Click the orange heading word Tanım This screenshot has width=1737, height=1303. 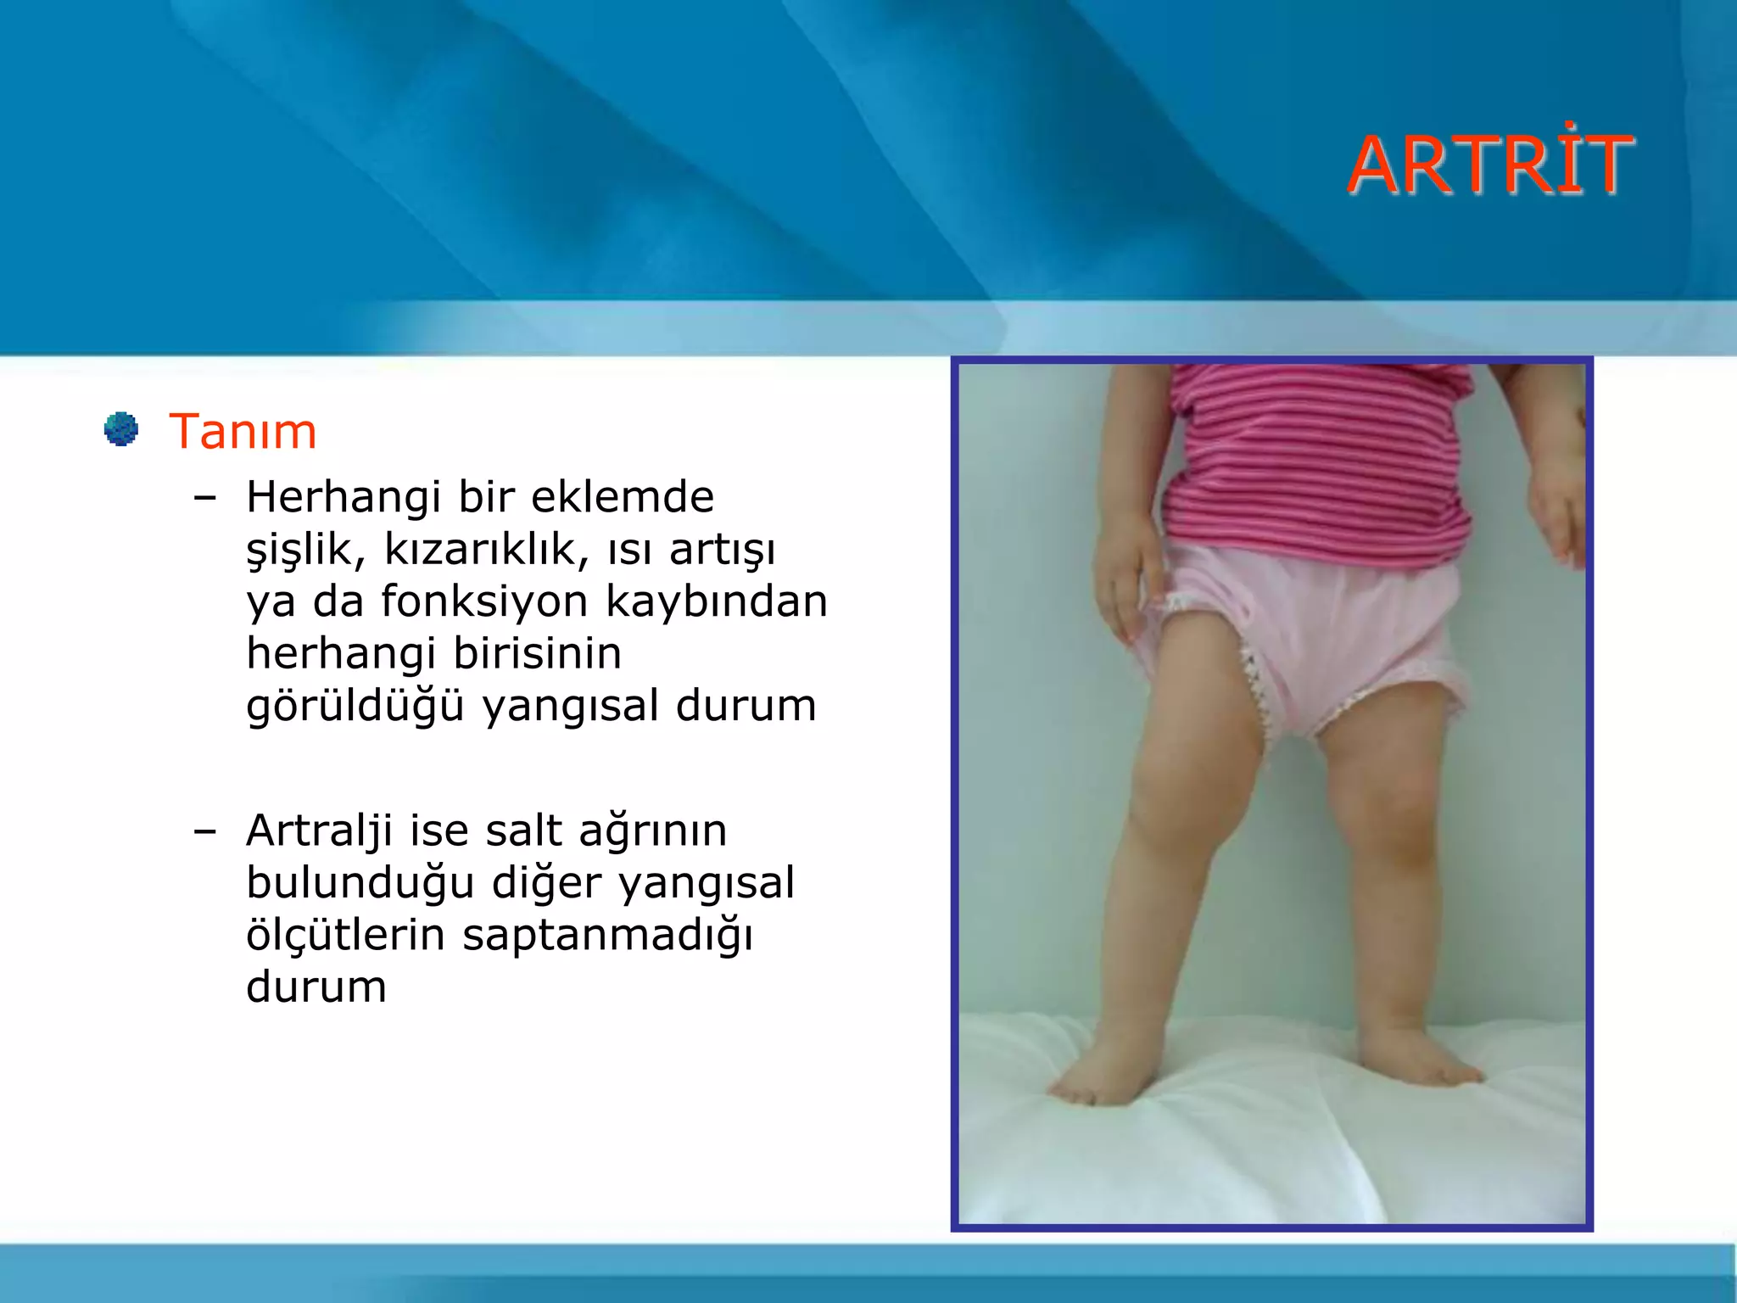[243, 432]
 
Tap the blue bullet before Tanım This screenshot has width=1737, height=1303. [121, 428]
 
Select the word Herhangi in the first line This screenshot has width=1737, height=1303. [343, 498]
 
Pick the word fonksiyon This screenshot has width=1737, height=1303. [484, 601]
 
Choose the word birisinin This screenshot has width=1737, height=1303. [537, 653]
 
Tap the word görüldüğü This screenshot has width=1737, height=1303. [355, 706]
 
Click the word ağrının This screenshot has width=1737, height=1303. [652, 832]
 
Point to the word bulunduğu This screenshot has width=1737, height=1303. [360, 883]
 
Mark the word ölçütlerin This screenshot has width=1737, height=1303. [345, 935]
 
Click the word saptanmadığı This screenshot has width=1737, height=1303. [607, 936]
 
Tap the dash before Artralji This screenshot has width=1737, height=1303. [204, 831]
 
